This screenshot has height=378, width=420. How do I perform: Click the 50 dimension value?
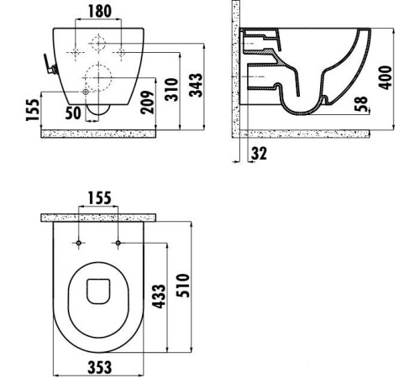(74, 112)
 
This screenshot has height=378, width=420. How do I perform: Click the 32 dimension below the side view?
(258, 154)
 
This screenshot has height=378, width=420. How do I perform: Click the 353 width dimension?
(101, 367)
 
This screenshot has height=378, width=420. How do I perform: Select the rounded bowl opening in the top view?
(100, 291)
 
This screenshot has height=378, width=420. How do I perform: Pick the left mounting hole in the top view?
(79, 243)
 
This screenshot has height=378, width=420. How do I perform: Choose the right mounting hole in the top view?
(118, 243)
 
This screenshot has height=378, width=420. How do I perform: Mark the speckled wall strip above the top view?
(100, 218)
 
